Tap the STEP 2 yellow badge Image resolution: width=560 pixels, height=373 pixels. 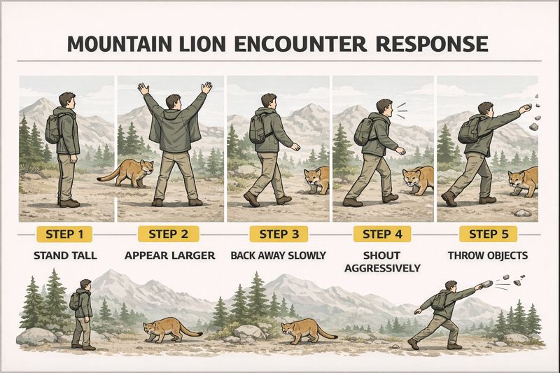click(x=169, y=234)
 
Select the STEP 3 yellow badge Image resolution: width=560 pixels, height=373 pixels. click(x=279, y=234)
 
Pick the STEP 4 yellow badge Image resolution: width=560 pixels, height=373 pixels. click(x=382, y=234)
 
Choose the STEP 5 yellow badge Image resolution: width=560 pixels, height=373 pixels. click(x=488, y=234)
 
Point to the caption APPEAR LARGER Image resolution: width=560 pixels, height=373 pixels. click(x=169, y=255)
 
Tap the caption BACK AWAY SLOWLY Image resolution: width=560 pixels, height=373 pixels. click(x=279, y=255)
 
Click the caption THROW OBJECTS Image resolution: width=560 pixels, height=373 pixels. click(x=488, y=255)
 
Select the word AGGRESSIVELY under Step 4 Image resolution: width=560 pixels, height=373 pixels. click(x=382, y=268)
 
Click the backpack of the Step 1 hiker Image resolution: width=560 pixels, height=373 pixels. click(x=54, y=128)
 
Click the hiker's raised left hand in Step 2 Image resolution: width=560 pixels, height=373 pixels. click(x=143, y=89)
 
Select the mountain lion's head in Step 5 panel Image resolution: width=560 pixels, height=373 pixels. click(x=519, y=181)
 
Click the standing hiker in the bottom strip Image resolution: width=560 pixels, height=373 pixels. click(x=83, y=314)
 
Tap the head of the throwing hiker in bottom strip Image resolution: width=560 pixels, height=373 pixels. click(x=451, y=288)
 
